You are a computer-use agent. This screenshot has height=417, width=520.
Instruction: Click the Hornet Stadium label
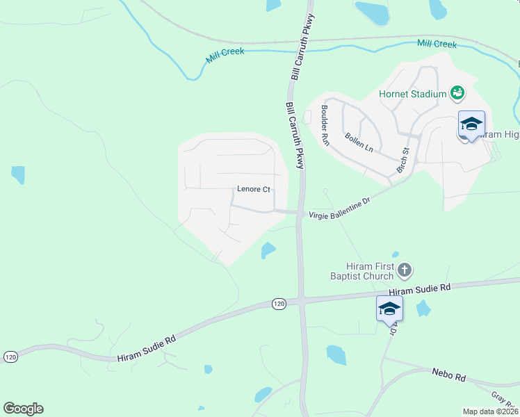point(412,94)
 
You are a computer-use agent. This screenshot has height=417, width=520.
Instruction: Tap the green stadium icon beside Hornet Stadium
point(457,92)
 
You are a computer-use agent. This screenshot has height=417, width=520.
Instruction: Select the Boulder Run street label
point(324,125)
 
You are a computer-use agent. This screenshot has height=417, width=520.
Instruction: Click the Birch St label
point(403,161)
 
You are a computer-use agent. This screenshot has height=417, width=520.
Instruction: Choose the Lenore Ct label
point(253,189)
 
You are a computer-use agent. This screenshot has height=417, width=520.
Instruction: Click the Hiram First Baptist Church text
point(371,271)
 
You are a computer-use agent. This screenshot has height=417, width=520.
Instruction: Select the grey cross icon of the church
point(405,269)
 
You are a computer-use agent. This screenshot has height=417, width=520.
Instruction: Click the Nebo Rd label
point(448,375)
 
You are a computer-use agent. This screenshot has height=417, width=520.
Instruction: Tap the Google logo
point(23,409)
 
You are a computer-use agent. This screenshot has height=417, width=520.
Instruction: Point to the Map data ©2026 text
point(491,411)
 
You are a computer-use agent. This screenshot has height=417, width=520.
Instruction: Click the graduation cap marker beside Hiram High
point(471,125)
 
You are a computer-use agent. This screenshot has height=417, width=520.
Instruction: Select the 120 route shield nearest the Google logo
point(10,356)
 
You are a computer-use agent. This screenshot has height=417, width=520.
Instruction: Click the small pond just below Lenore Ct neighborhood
point(268,250)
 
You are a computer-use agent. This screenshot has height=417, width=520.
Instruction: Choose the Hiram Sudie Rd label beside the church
point(420,291)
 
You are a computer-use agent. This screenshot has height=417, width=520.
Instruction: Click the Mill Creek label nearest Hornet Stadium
point(437,44)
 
